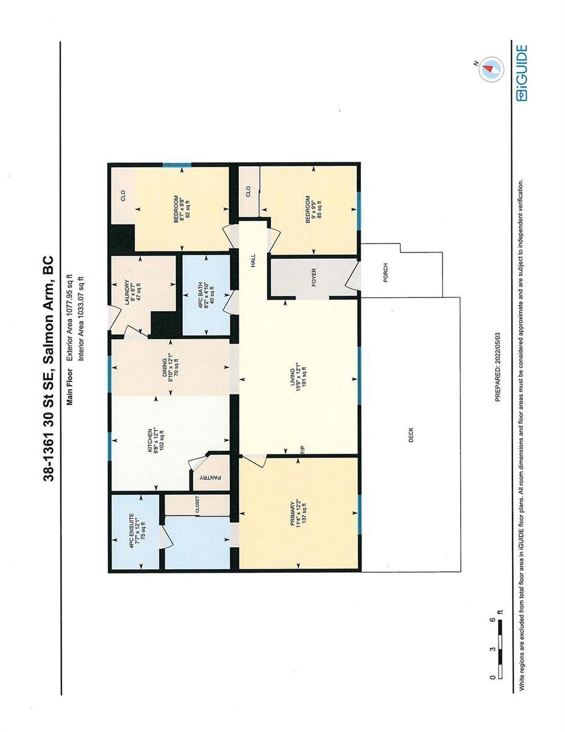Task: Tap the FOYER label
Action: pyautogui.click(x=314, y=277)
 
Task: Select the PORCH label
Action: pyautogui.click(x=385, y=273)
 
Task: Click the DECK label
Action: pyautogui.click(x=410, y=434)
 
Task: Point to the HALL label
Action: pyautogui.click(x=253, y=260)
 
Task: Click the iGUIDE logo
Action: pyautogui.click(x=521, y=73)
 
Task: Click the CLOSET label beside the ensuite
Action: pyautogui.click(x=197, y=505)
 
